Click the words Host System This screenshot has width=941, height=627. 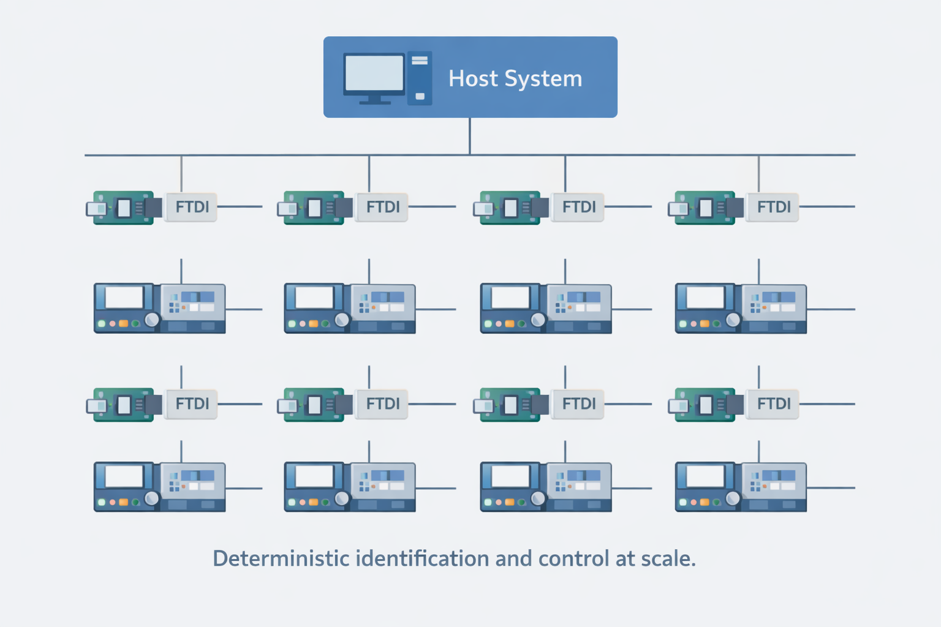[x=515, y=78]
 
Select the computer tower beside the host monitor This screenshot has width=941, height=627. [x=420, y=78]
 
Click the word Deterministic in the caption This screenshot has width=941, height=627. [x=281, y=558]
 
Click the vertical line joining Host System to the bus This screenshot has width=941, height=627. [x=470, y=136]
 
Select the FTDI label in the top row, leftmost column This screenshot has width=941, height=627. [x=192, y=207]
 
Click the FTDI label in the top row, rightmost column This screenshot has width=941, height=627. [x=774, y=207]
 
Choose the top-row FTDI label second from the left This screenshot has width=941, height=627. [x=383, y=207]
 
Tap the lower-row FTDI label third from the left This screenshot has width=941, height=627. [x=579, y=404]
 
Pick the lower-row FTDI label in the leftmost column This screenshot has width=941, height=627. [x=192, y=404]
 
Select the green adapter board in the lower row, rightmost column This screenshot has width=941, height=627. [x=705, y=405]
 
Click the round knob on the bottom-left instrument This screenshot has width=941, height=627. [x=151, y=498]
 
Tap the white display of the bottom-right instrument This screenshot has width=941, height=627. [x=705, y=476]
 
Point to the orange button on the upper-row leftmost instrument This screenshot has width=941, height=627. [x=123, y=323]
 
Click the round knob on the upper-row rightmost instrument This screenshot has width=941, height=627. [x=733, y=320]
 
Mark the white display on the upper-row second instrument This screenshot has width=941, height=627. [x=314, y=298]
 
